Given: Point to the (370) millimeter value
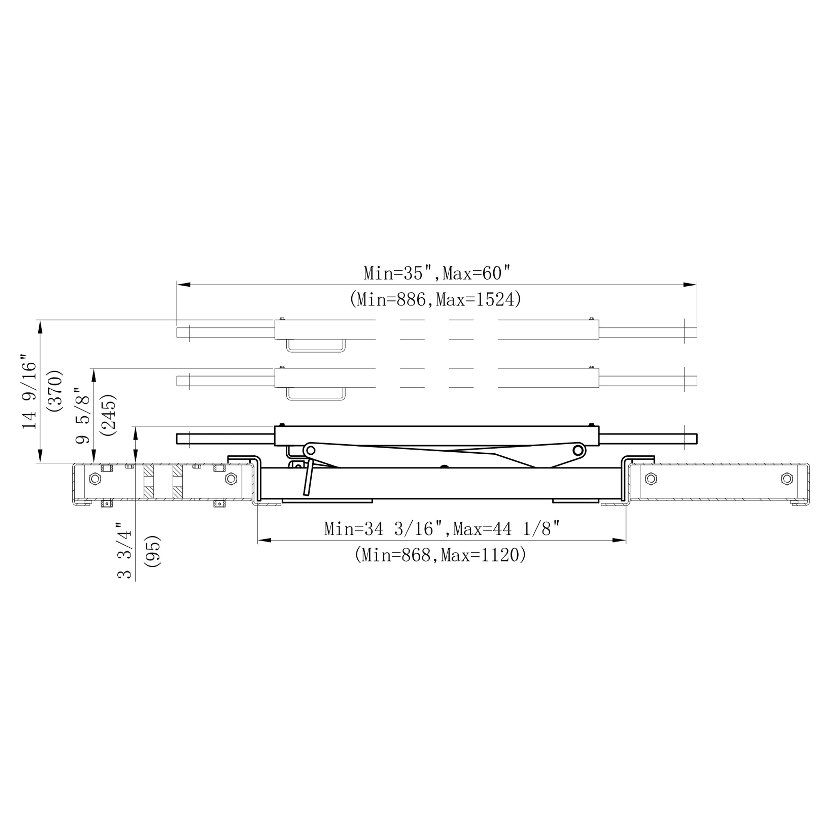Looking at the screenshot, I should (x=56, y=391).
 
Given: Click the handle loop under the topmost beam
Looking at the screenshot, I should (x=316, y=346).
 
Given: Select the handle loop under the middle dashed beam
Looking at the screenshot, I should (x=316, y=395).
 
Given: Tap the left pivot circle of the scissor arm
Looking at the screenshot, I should (x=309, y=451).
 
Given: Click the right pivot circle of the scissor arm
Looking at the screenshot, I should (x=579, y=451).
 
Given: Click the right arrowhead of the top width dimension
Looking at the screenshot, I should (x=691, y=285).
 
